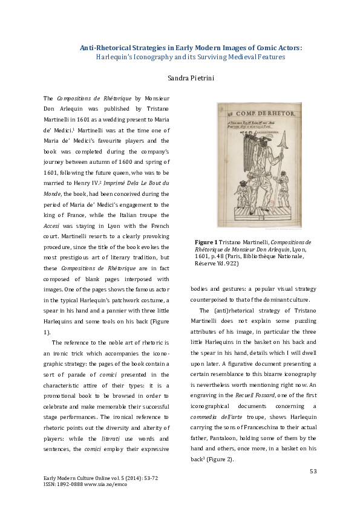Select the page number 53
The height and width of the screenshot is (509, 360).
(x=313, y=471)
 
